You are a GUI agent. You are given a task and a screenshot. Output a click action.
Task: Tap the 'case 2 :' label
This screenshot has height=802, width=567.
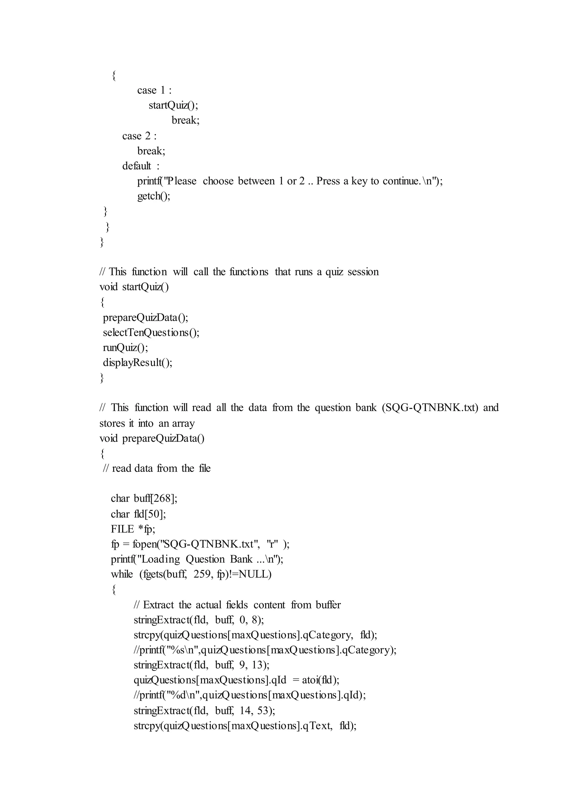pos(139,136)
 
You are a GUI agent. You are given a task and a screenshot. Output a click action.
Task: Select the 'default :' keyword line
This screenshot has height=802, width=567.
pos(140,166)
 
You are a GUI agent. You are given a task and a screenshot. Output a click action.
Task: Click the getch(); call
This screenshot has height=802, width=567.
pos(154,196)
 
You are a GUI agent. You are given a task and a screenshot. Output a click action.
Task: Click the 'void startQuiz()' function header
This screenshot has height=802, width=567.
pos(134,287)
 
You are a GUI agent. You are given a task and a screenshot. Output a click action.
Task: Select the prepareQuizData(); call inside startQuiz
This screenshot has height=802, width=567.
pos(145,318)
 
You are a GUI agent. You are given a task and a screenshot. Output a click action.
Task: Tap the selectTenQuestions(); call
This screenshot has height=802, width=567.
pos(151,333)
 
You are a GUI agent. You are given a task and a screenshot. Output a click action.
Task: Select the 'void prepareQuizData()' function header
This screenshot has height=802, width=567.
pos(152,438)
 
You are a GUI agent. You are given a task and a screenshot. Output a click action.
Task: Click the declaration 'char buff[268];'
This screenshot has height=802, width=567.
pos(144,499)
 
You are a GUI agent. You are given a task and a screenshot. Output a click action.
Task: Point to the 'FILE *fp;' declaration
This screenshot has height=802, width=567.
pos(133,529)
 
